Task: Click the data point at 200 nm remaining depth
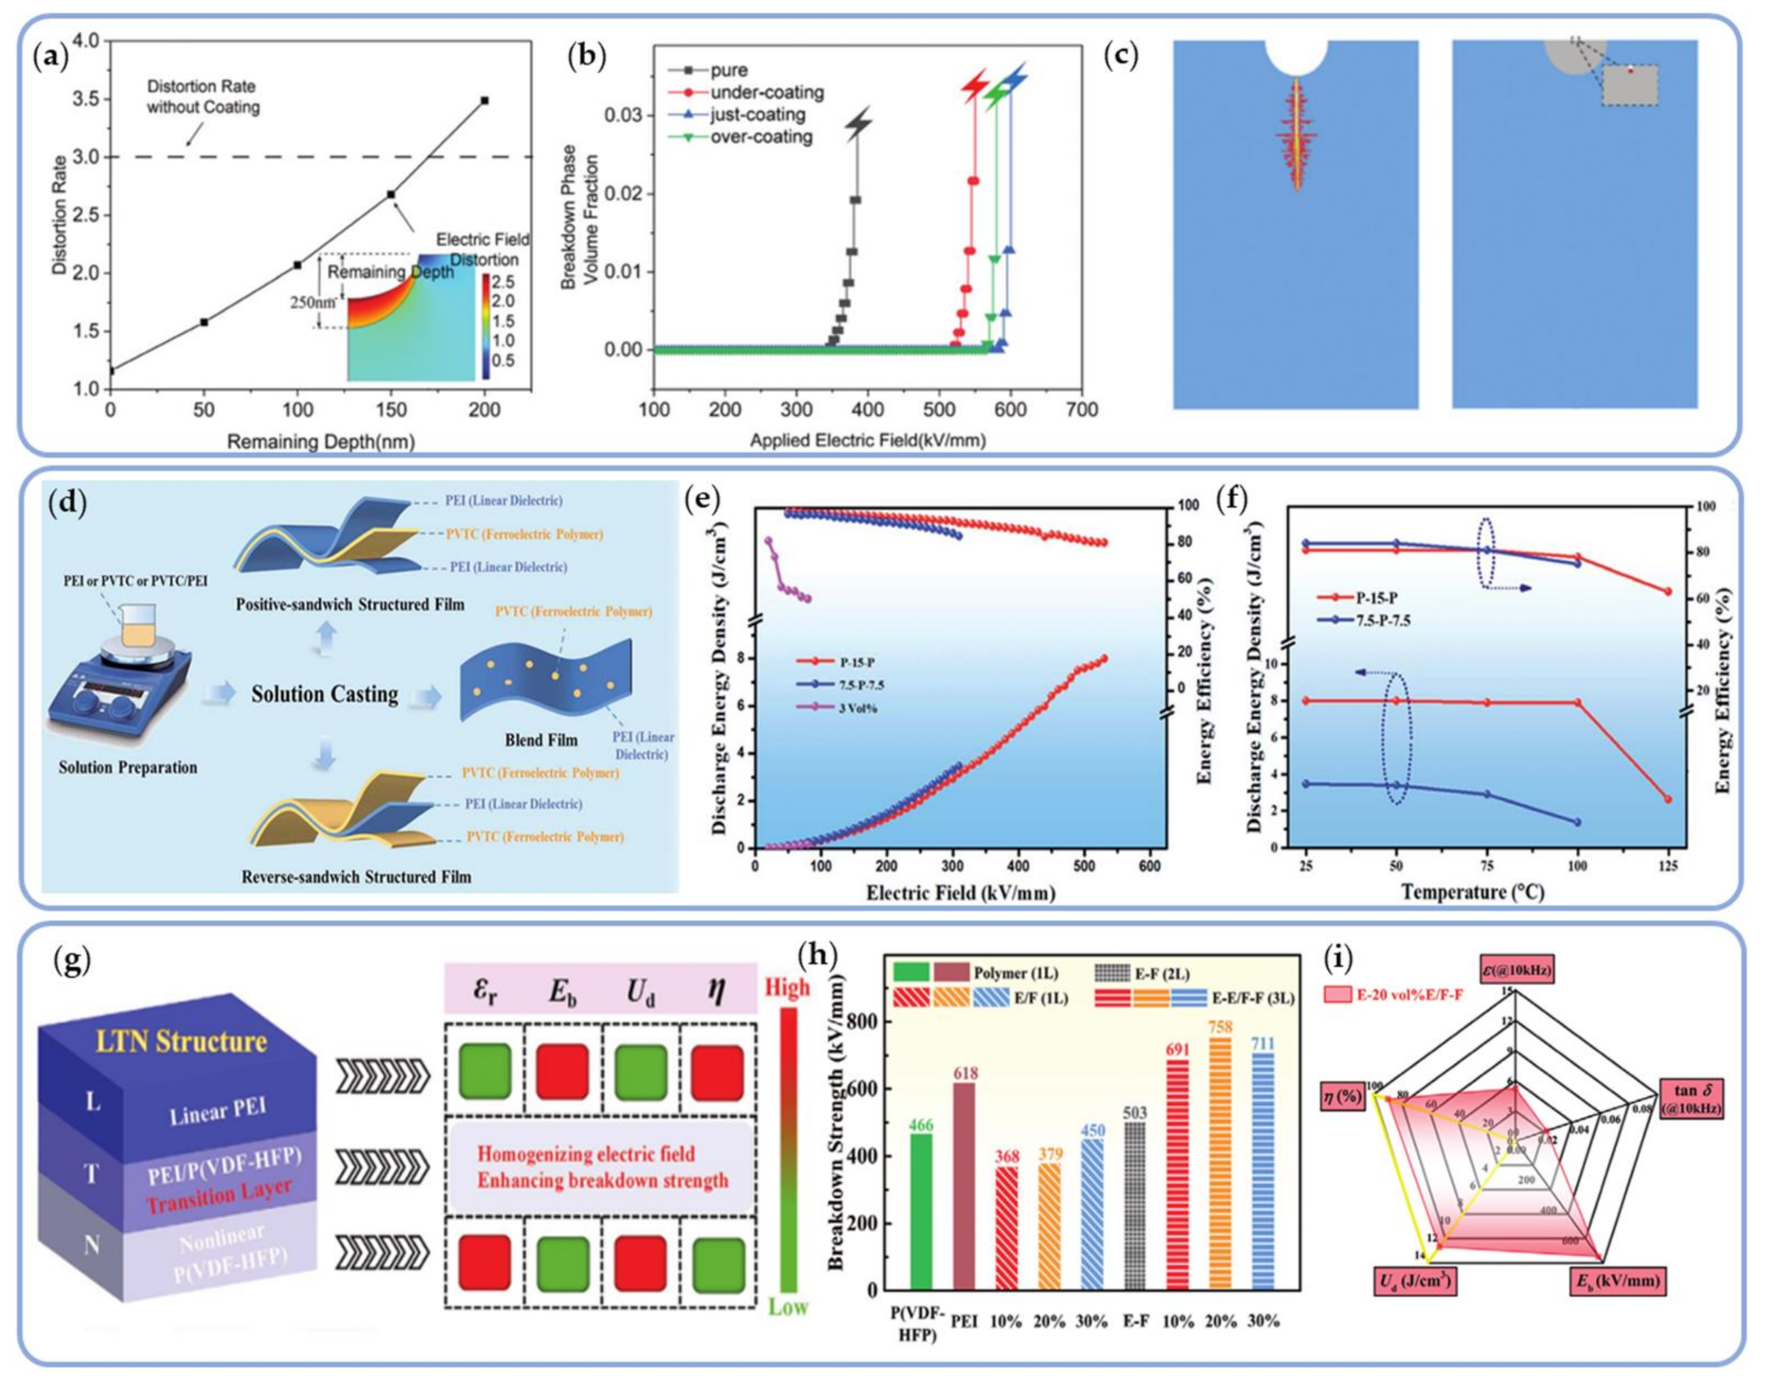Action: click(x=484, y=100)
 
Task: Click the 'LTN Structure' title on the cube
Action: click(x=180, y=1042)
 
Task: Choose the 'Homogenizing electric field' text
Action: click(x=585, y=1154)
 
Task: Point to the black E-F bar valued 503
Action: click(x=1135, y=1217)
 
